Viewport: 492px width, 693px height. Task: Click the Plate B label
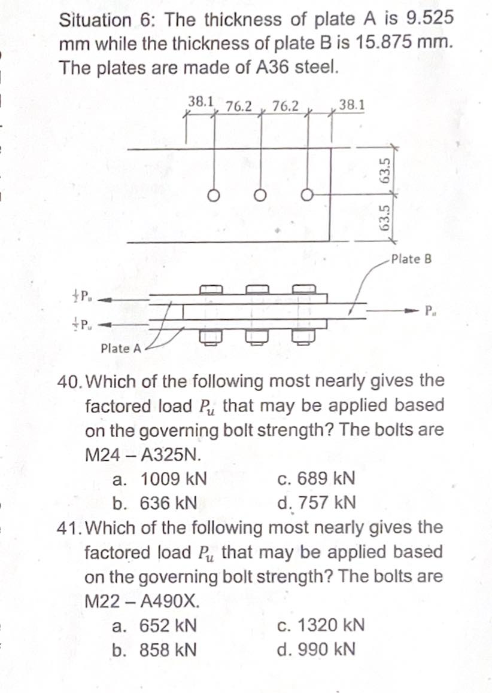click(x=411, y=260)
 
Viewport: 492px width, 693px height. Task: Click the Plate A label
click(x=121, y=348)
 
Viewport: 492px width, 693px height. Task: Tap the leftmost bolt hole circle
click(x=212, y=196)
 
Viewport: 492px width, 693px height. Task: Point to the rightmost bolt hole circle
click(x=306, y=195)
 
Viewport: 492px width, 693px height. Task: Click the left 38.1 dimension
click(x=202, y=101)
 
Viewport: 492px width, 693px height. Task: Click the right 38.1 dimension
click(x=350, y=105)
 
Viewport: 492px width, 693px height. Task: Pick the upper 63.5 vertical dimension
click(x=386, y=172)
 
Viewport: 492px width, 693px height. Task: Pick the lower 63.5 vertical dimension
click(x=386, y=218)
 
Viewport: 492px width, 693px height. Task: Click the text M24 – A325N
click(x=142, y=454)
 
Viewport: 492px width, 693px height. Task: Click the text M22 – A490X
click(x=142, y=601)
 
